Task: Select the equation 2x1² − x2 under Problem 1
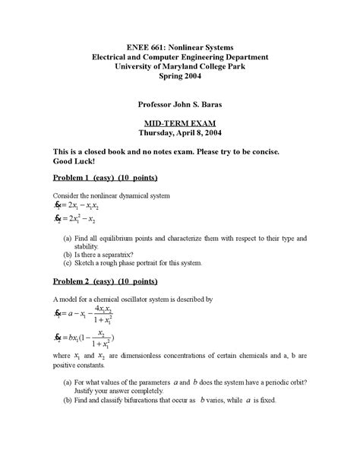86,220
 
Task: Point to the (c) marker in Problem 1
68,263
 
